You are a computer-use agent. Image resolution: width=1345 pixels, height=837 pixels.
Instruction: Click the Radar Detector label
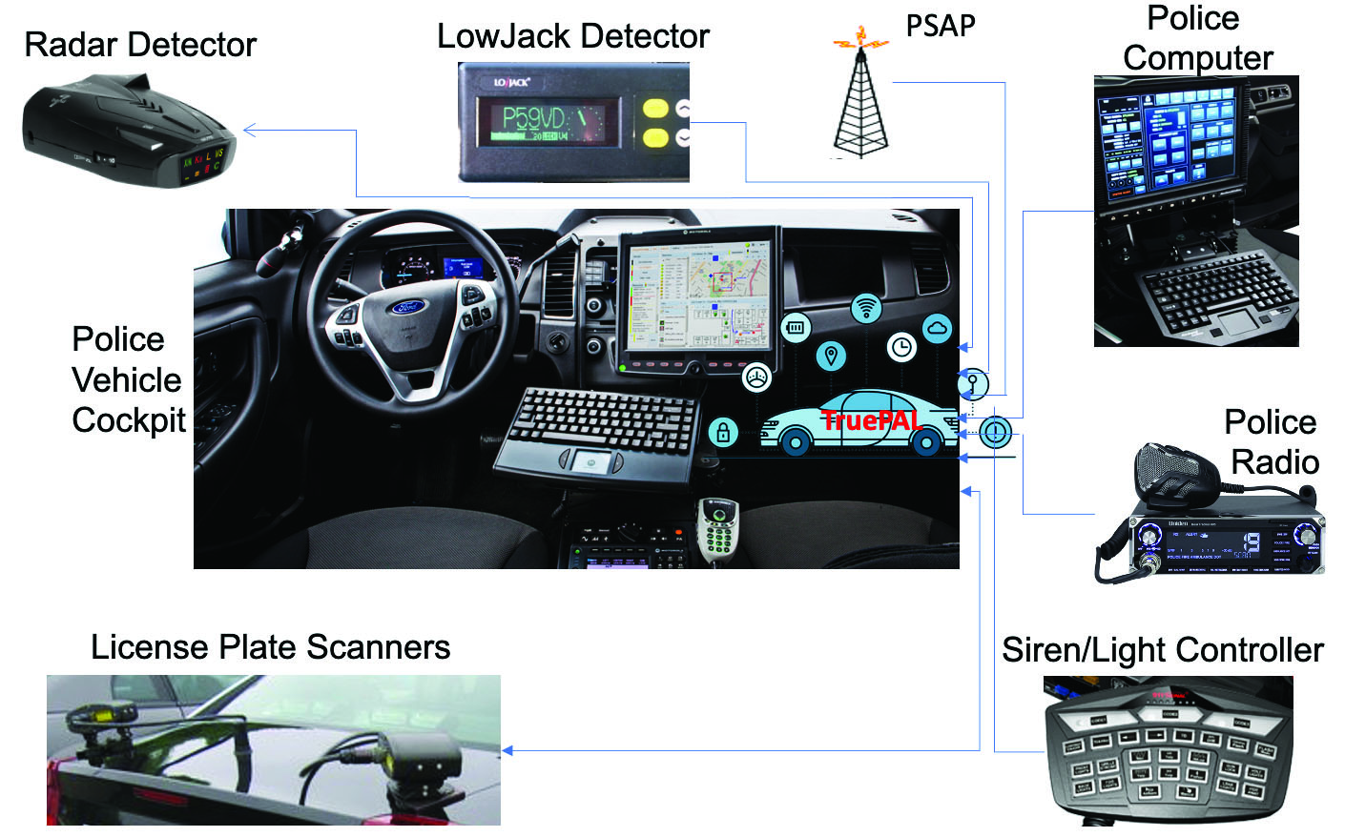click(x=140, y=45)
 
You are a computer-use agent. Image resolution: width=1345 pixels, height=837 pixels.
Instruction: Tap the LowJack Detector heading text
click(x=572, y=36)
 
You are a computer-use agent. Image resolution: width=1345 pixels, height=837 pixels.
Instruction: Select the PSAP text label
click(x=941, y=26)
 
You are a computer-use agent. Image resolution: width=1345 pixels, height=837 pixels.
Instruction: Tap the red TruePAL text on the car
click(x=870, y=420)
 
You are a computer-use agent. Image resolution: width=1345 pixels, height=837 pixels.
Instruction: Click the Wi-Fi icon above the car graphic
click(x=866, y=308)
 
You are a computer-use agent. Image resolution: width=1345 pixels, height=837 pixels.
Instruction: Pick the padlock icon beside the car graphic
click(x=723, y=432)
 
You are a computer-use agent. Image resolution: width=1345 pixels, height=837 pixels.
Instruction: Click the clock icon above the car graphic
click(x=901, y=347)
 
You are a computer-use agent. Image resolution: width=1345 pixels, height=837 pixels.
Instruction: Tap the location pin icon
click(x=832, y=357)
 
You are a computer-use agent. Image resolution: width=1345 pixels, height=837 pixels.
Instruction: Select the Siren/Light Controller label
click(x=1162, y=650)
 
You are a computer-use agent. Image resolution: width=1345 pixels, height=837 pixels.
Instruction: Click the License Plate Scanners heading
click(x=270, y=647)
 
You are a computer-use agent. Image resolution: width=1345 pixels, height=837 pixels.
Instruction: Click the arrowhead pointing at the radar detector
click(x=250, y=131)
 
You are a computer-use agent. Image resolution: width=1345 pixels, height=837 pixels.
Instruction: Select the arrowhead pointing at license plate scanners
click(x=507, y=750)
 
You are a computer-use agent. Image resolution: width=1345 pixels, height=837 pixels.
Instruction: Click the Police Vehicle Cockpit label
click(x=127, y=379)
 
